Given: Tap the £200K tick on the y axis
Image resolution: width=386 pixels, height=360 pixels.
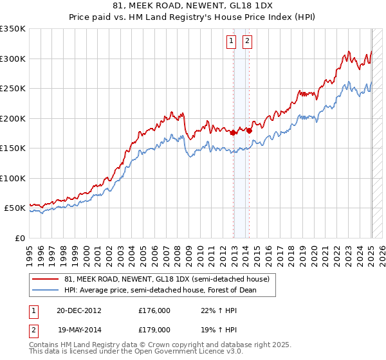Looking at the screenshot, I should [x=12, y=118].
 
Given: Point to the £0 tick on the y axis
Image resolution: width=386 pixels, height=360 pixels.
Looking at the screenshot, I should [x=19, y=238].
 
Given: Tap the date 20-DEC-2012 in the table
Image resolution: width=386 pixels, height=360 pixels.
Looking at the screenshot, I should [x=78, y=310].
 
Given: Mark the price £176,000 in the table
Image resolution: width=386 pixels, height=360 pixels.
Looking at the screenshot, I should [x=154, y=310].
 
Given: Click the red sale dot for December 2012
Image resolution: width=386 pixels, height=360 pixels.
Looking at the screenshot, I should [x=233, y=132].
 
